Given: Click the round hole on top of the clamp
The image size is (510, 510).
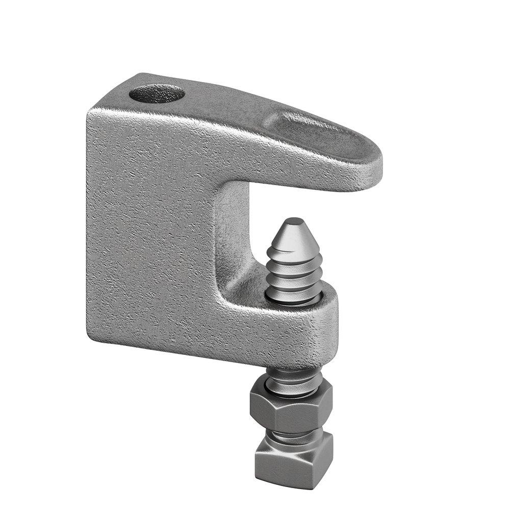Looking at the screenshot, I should [157, 94].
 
